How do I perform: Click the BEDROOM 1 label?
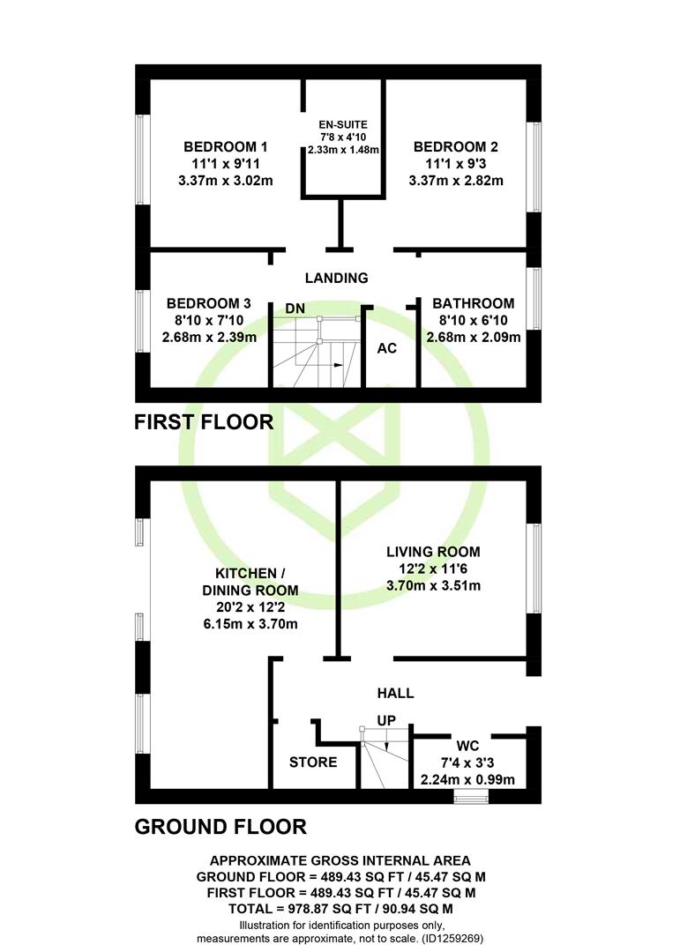225,146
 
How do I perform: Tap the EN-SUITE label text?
343,125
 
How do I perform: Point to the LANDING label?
336,278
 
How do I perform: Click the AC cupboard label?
386,348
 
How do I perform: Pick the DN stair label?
295,309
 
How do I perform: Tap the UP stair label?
386,720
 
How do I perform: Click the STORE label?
313,762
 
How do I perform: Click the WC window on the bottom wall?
471,796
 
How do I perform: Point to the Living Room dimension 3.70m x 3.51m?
433,585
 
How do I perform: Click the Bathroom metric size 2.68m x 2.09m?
473,337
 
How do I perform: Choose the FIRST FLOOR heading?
204,422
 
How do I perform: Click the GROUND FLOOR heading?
220,827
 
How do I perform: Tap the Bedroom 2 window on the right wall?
534,167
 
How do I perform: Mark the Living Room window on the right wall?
534,569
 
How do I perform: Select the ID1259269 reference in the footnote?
450,938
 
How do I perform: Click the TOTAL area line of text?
340,909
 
